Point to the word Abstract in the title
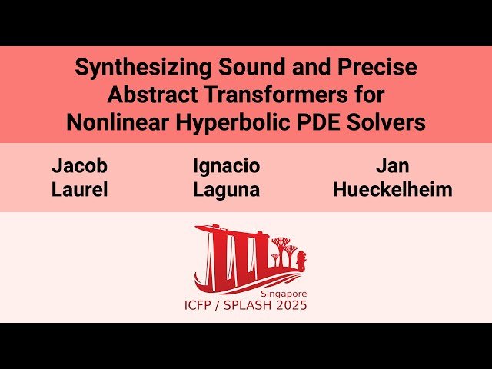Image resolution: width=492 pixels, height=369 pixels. coord(151,96)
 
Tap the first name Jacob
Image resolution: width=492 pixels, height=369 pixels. coord(79,166)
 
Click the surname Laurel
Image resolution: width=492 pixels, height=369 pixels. coord(79,190)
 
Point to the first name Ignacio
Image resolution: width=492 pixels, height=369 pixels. coord(226,166)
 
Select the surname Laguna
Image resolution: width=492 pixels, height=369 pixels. coord(226,190)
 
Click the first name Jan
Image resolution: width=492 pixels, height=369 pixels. coord(392,166)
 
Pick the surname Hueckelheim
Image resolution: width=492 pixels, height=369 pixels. coord(392,190)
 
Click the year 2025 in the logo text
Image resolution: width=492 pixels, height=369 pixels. coord(292,306)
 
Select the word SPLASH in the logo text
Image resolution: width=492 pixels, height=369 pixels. coord(246,306)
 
